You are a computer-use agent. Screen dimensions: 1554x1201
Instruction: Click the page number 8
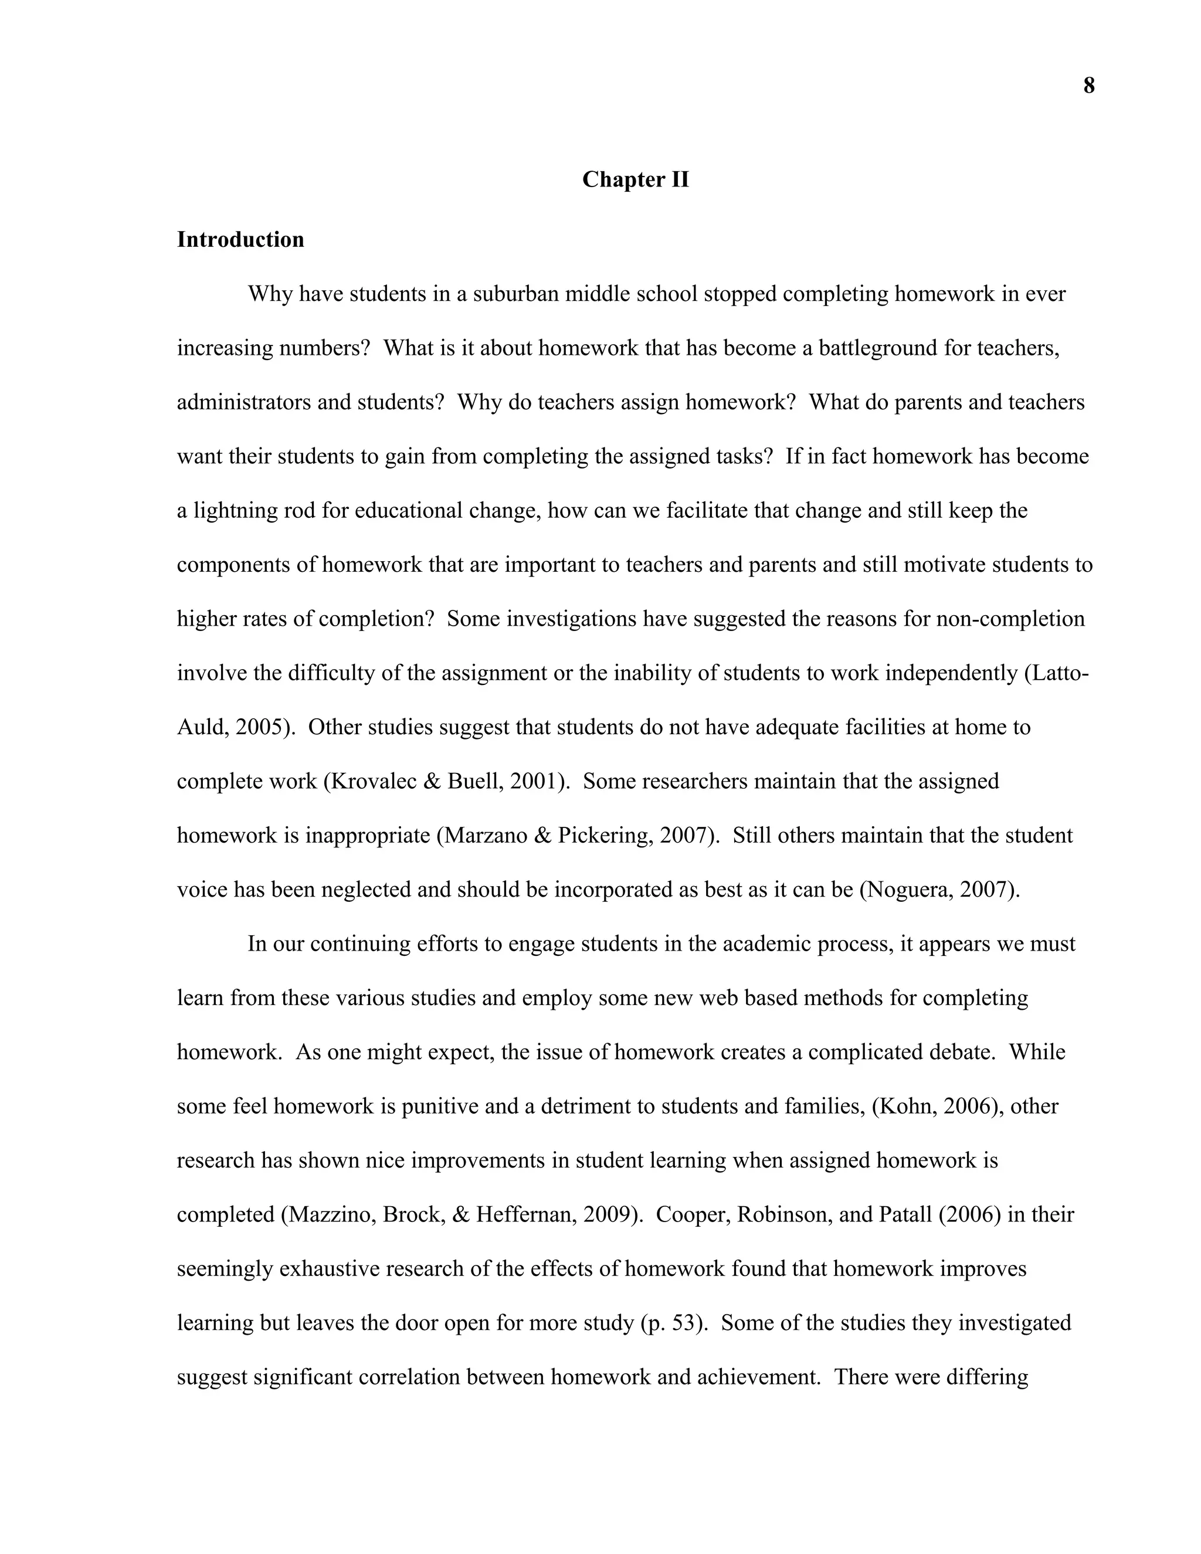1088,86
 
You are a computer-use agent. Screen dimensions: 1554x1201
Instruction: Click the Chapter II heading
635,179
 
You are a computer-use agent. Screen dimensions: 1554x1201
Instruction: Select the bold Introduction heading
240,239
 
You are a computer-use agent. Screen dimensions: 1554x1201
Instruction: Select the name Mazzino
330,1214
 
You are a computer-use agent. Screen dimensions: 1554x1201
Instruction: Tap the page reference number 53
684,1323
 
